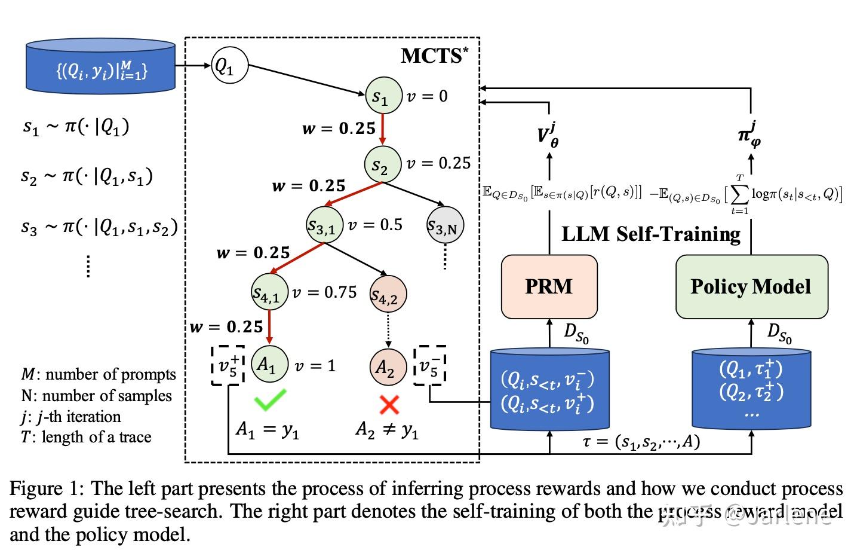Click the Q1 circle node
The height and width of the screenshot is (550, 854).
(229, 65)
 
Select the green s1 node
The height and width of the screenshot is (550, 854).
(383, 96)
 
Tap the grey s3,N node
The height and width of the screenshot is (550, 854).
(446, 225)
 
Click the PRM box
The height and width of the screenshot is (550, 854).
(549, 286)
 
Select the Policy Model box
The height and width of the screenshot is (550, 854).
(751, 286)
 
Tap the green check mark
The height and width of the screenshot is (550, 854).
(269, 400)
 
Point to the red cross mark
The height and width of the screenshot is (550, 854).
(389, 405)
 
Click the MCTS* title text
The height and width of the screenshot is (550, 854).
(434, 56)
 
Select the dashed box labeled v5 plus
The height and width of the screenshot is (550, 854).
(228, 365)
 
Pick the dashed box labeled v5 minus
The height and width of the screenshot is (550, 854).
(431, 365)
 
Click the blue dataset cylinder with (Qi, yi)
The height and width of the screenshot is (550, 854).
(100, 66)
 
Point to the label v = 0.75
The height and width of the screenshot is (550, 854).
(325, 292)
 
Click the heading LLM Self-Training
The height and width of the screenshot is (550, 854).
(651, 233)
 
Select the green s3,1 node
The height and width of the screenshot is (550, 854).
(325, 225)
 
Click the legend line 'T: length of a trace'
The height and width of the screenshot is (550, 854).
(86, 437)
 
